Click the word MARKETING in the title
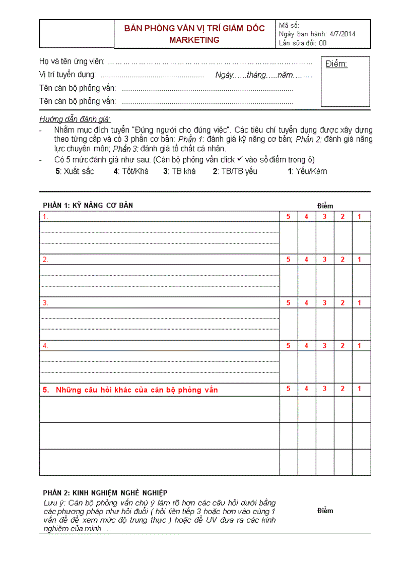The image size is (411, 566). [x=194, y=40]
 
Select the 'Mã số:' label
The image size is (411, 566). [x=289, y=25]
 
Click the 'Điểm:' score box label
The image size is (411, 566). [x=336, y=64]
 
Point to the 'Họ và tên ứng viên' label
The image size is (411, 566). [x=72, y=61]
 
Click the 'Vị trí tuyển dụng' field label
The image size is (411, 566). [x=68, y=75]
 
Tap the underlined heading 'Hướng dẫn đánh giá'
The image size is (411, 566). [x=75, y=119]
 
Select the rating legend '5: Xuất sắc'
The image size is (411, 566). [x=75, y=171]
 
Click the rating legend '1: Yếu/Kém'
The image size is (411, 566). [x=307, y=171]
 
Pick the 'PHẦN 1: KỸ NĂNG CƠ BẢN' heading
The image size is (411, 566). [x=88, y=205]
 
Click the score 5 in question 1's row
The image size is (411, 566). [x=289, y=217]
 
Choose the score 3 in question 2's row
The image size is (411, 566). [x=324, y=260]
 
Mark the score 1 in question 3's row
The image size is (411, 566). [x=360, y=303]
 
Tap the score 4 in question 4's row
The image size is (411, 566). [x=306, y=346]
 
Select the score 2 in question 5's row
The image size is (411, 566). [x=342, y=389]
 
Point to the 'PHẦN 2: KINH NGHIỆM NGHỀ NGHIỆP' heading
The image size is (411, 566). [x=105, y=492]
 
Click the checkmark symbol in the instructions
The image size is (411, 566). [x=240, y=159]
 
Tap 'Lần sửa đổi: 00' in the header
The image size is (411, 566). [x=303, y=43]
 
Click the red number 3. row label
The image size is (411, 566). [x=45, y=303]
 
